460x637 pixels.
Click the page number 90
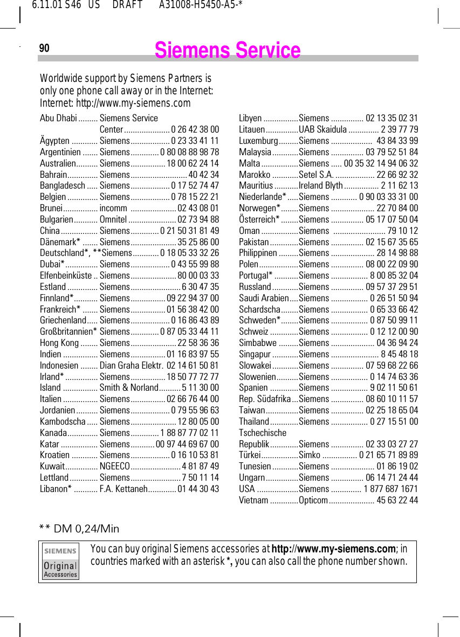[44, 49]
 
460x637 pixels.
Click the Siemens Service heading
[227, 51]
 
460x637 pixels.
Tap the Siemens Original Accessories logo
[60, 561]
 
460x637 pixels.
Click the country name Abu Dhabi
[58, 118]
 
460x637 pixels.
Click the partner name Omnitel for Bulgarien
[113, 219]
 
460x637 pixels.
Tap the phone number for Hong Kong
[198, 343]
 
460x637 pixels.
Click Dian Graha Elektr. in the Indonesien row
[132, 365]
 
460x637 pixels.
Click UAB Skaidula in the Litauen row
[322, 129]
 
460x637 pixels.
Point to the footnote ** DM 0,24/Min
[79, 529]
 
